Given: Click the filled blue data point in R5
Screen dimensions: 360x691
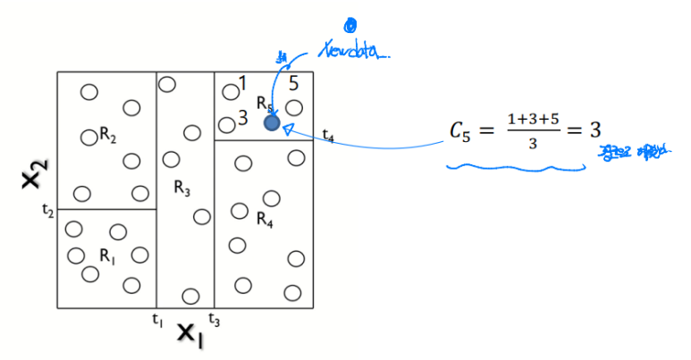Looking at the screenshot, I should click(x=272, y=122).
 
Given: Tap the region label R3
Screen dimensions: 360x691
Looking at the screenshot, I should click(x=181, y=188).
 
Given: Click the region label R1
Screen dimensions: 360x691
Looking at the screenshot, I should click(x=107, y=255).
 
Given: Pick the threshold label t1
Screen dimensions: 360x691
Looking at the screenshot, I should click(x=156, y=319).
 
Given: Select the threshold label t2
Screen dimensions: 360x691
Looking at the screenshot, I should click(x=47, y=211).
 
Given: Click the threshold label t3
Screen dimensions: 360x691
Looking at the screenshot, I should click(x=214, y=319).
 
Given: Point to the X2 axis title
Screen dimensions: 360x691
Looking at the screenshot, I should click(x=33, y=175).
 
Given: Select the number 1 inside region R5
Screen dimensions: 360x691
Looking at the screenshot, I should click(x=241, y=84).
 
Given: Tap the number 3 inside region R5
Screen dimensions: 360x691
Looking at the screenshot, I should click(x=242, y=118).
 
